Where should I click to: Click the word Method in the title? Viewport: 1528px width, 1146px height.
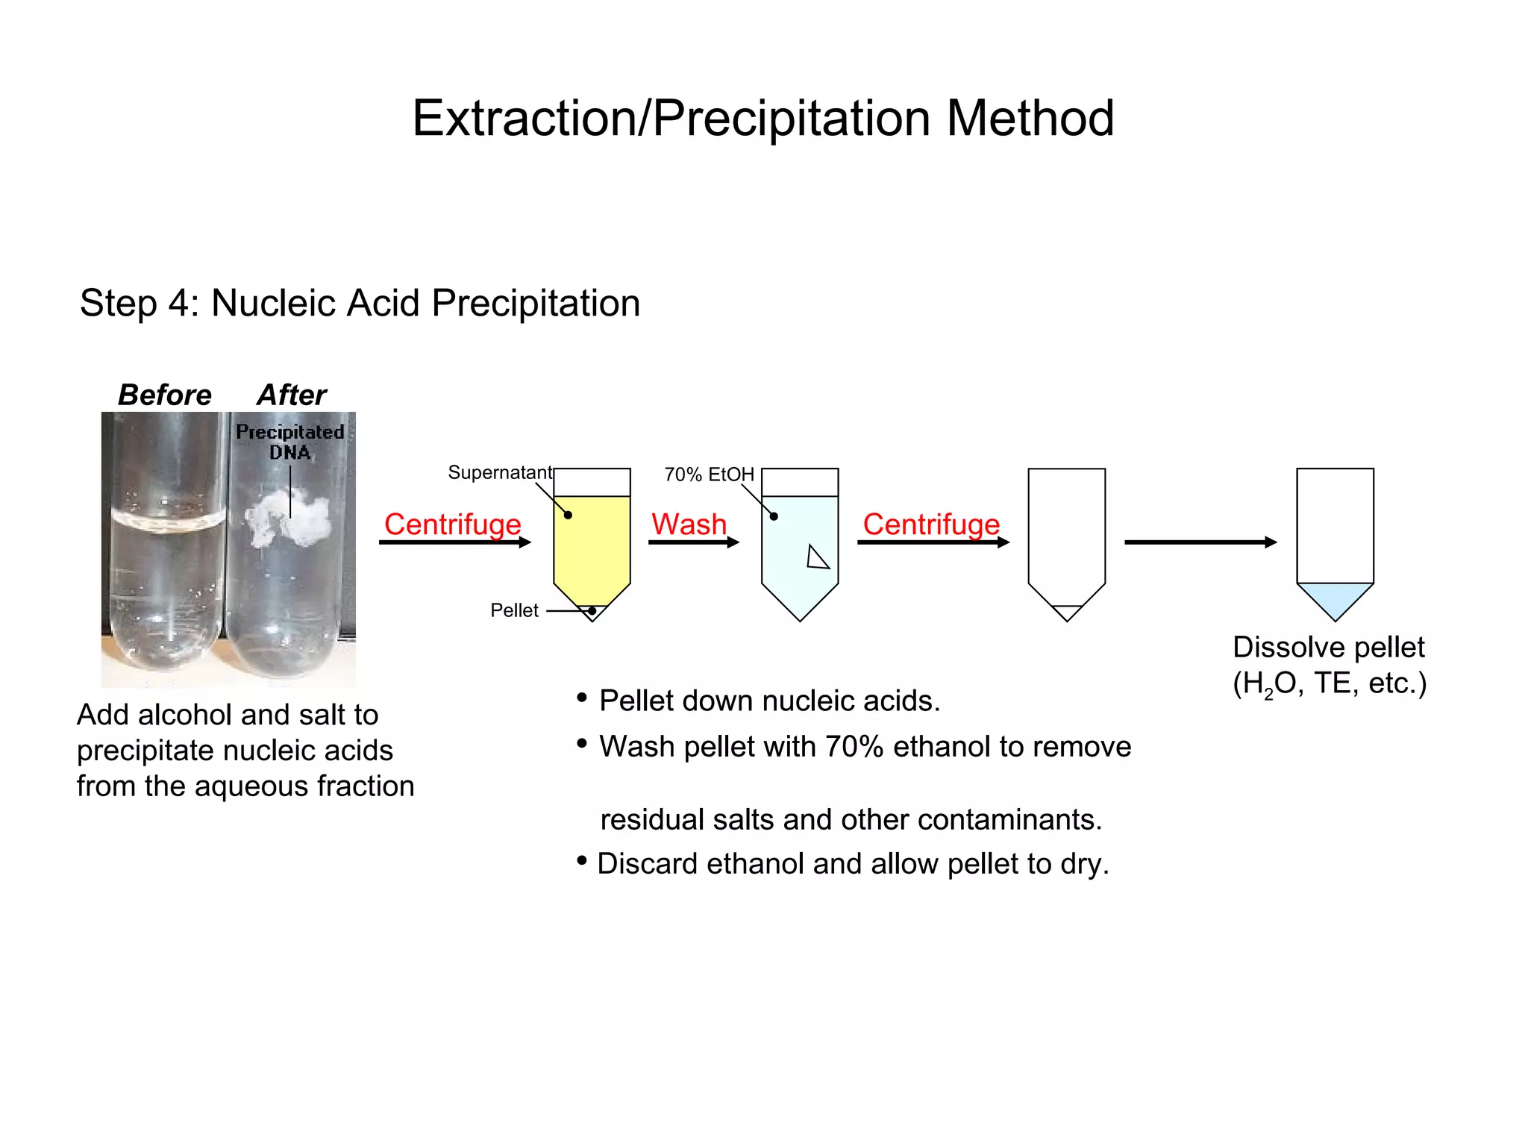pos(1030,119)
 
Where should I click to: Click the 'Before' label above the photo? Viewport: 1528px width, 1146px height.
pos(165,395)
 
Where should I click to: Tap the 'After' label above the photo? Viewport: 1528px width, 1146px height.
pos(292,395)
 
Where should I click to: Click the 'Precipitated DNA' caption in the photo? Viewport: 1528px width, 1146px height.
pos(289,442)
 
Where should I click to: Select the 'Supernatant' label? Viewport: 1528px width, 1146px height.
pos(500,472)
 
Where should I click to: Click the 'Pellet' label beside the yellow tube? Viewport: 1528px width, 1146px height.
pos(514,610)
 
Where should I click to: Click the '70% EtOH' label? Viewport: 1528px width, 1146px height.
pos(709,475)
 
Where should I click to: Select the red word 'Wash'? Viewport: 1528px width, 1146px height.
pos(689,524)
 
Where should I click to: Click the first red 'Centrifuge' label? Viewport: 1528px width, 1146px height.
pos(452,524)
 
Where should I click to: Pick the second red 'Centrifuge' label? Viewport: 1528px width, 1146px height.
pos(931,524)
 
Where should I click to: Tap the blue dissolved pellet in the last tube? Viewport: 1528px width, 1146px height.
pos(1335,597)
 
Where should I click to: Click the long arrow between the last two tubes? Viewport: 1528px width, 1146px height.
pos(1200,542)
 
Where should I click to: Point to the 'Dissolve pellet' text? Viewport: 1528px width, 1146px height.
pos(1328,647)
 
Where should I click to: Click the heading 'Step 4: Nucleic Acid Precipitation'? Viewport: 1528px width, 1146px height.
pos(360,303)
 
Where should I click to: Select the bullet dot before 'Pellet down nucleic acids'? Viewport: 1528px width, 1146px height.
pos(582,698)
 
